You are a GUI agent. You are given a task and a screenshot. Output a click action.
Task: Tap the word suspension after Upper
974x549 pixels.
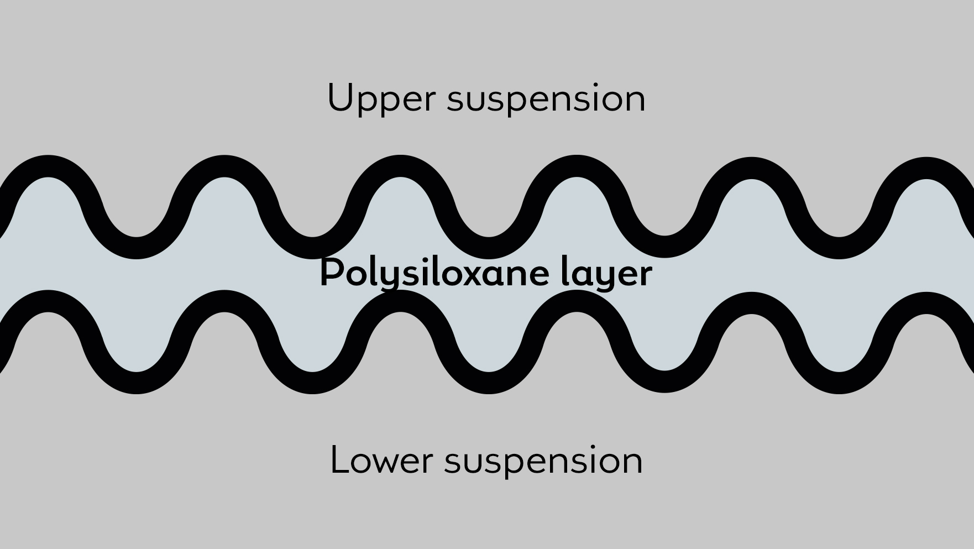pyautogui.click(x=546, y=100)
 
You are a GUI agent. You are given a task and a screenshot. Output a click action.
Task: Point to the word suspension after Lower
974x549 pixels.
pyautogui.click(x=543, y=461)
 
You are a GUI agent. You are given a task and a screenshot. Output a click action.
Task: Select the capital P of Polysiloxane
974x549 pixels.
pyautogui.click(x=331, y=272)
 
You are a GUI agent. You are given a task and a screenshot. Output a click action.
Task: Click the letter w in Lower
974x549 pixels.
pyautogui.click(x=389, y=462)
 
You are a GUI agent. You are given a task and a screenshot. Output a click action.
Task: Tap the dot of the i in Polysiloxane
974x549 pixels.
pyautogui.click(x=421, y=259)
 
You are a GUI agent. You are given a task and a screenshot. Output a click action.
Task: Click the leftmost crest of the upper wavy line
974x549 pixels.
pyautogui.click(x=48, y=166)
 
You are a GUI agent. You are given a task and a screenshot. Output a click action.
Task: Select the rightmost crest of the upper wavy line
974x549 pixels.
pyautogui.click(x=926, y=168)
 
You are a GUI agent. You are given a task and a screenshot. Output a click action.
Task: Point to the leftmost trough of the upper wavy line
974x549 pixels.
pyautogui.click(x=136, y=247)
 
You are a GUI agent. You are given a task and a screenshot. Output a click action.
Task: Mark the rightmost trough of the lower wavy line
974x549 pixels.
pyautogui.click(x=839, y=383)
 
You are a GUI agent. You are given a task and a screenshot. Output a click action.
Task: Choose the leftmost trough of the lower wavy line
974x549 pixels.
pyautogui.click(x=136, y=383)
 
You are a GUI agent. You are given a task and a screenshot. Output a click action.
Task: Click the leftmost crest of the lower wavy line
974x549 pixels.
pyautogui.click(x=48, y=301)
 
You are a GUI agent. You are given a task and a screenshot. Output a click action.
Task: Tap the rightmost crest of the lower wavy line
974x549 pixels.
pyautogui.click(x=926, y=303)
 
